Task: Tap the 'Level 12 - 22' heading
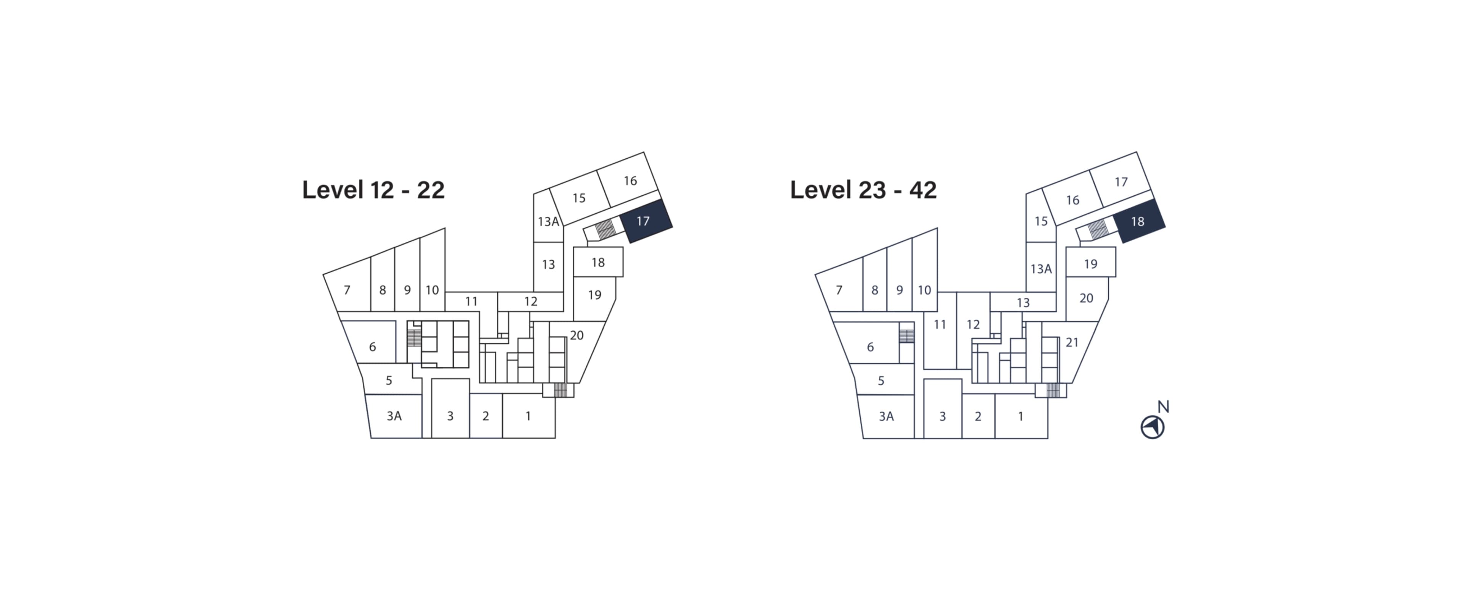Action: coord(373,190)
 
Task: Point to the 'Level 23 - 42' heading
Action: coord(863,190)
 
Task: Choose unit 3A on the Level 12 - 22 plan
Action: coord(394,416)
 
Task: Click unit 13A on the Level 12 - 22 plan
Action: coord(548,219)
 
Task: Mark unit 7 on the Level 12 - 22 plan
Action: coord(347,290)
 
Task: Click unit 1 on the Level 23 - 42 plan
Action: coord(1021,416)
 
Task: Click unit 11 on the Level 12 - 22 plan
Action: coord(471,301)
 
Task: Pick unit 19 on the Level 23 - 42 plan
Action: coord(1090,263)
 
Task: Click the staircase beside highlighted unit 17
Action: coord(605,229)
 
